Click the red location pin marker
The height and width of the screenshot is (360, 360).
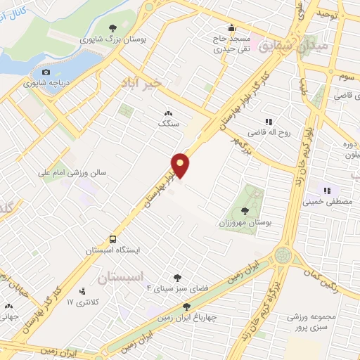[181, 165]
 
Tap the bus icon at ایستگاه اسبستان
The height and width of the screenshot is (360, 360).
[112, 239]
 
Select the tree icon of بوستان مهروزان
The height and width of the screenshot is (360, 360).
[244, 211]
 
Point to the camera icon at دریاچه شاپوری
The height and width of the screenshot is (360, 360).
[46, 72]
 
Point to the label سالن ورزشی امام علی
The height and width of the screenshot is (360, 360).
[73, 171]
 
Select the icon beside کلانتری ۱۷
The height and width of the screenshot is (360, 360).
[83, 291]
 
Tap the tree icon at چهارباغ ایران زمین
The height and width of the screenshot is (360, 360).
[186, 307]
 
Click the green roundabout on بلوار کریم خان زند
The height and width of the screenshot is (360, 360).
[284, 255]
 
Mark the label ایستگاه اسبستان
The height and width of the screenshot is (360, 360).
[112, 250]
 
